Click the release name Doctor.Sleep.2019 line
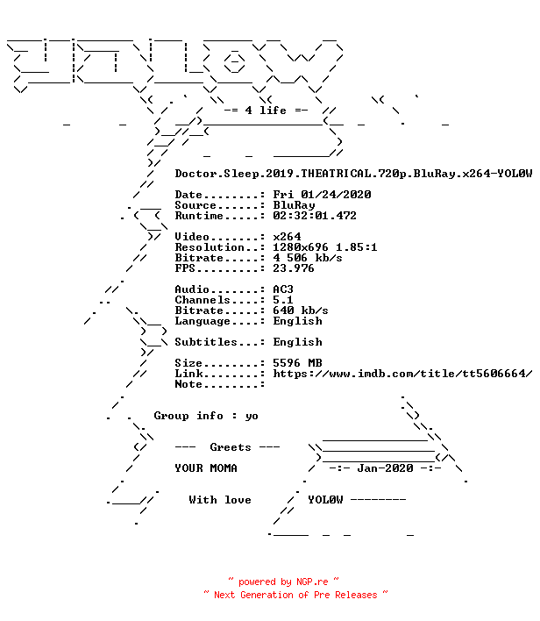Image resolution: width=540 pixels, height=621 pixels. (353, 174)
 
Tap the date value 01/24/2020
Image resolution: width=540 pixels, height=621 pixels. (336, 195)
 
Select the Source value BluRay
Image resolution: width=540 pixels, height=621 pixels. (294, 205)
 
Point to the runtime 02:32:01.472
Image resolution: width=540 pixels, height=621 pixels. (315, 216)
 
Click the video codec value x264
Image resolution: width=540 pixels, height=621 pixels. (287, 237)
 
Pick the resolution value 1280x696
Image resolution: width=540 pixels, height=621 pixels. (301, 247)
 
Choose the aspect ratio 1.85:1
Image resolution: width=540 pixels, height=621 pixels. (356, 247)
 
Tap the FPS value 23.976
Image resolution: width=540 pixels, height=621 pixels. (294, 268)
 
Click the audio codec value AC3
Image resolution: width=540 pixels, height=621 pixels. (283, 289)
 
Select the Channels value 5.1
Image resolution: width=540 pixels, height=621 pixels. (283, 300)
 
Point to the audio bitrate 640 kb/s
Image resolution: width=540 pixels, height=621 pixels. (301, 310)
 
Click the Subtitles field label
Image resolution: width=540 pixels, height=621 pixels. (206, 342)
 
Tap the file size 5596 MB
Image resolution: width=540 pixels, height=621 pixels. (297, 363)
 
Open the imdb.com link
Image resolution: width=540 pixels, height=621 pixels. (402, 374)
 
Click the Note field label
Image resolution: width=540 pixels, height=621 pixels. (188, 384)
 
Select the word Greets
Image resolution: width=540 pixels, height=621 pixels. (231, 447)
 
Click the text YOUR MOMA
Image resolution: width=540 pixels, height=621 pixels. (206, 468)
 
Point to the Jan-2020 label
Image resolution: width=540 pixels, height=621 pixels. (385, 468)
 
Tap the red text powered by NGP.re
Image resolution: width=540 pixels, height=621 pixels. (283, 582)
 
